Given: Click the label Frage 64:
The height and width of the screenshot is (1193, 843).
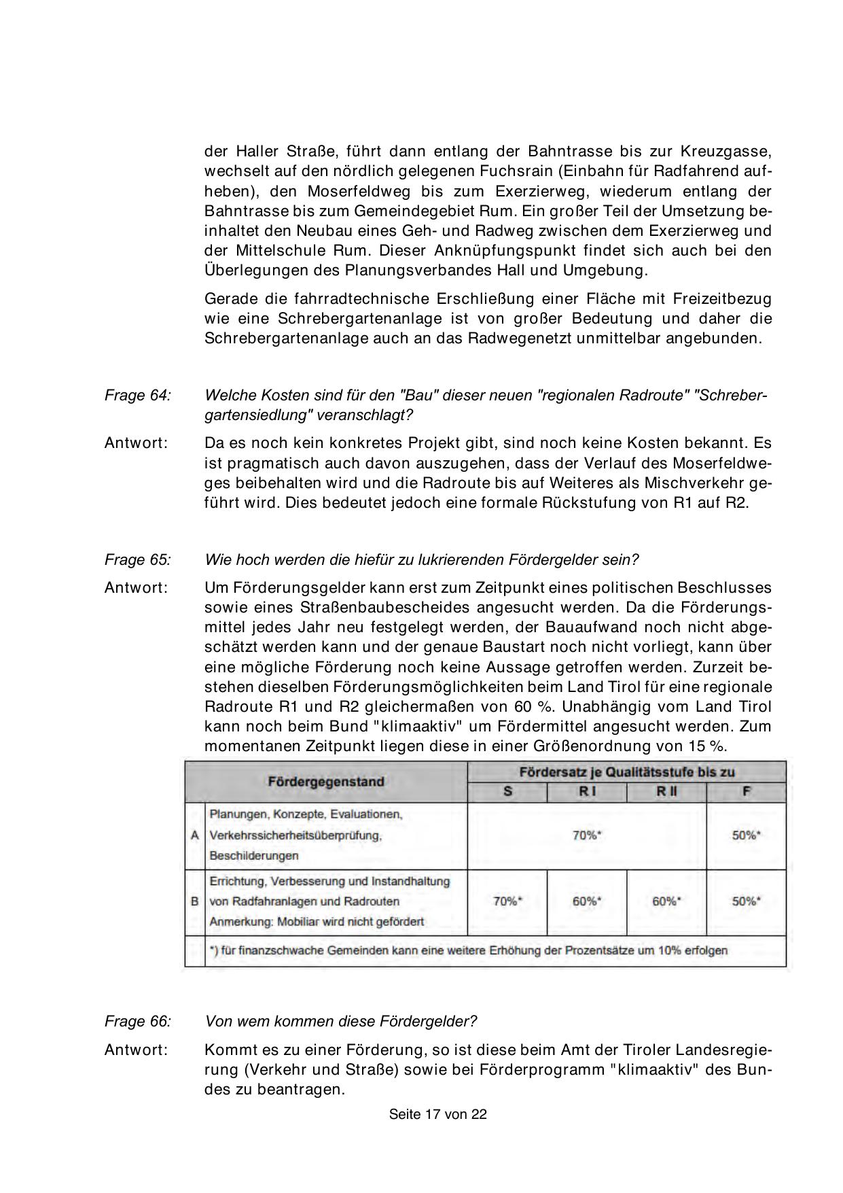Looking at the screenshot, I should [138, 395].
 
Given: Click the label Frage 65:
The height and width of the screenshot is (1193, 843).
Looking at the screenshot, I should [138, 559].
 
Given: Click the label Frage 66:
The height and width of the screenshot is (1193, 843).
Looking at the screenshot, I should [138, 1021].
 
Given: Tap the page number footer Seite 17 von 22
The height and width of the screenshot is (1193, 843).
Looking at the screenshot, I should [438, 1115].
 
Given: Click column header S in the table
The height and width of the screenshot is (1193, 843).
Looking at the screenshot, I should [507, 793].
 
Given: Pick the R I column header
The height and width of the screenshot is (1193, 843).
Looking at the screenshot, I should [586, 793].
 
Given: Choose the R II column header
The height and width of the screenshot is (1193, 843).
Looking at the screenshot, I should [666, 793].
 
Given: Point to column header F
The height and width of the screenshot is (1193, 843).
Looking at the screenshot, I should [746, 793].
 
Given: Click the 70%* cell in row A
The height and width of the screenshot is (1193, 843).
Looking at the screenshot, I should [587, 835].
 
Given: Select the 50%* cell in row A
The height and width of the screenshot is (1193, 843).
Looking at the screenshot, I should [746, 835].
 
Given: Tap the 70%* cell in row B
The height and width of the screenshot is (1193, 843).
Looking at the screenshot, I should [507, 901].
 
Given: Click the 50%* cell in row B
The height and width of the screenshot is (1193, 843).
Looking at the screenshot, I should [746, 901].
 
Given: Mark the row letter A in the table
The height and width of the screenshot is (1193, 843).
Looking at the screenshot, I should [195, 835].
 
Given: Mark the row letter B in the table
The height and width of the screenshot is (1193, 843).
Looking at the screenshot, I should [195, 901].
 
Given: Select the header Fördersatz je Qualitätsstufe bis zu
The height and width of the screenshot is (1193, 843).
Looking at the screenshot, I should [626, 772].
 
